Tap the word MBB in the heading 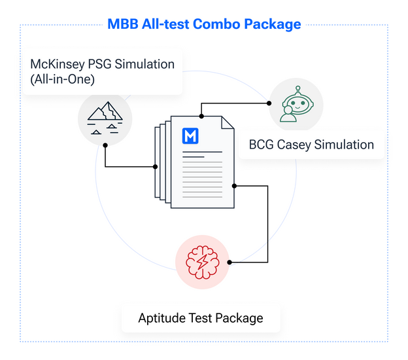click(123, 24)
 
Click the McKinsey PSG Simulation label click(102, 64)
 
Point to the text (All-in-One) click(63, 79)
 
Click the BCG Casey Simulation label click(311, 145)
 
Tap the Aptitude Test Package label click(201, 318)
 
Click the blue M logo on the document click(190, 135)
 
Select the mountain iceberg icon click(105, 118)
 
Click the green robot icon click(297, 104)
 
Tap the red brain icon click(203, 262)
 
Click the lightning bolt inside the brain click(203, 262)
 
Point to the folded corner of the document click(228, 122)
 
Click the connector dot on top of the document click(201, 116)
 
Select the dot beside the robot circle click(269, 103)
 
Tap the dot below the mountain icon click(105, 145)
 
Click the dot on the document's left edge click(156, 167)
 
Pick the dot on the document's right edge click(234, 186)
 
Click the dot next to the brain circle click(229, 262)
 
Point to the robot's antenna click(298, 90)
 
